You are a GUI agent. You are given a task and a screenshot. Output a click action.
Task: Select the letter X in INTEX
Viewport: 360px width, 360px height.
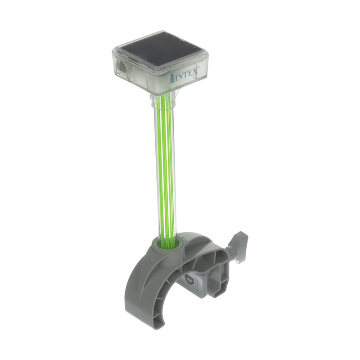tap(194, 71)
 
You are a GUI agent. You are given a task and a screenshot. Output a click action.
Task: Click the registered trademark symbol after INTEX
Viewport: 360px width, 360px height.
tap(198, 67)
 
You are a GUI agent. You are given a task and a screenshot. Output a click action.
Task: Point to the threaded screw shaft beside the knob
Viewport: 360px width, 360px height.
tap(231, 255)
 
